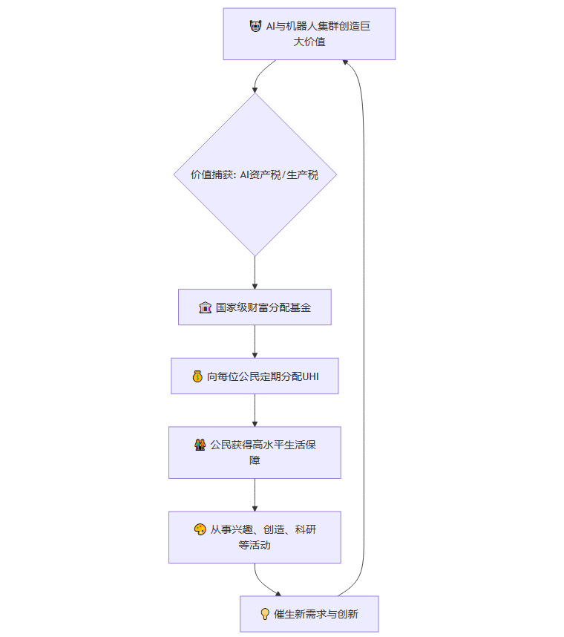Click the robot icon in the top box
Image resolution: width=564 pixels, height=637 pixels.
point(255,26)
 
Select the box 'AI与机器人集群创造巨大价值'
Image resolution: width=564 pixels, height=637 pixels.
point(309,34)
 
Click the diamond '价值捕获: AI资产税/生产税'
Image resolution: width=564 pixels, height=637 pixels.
point(255,174)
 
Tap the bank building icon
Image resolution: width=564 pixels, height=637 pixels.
point(206,307)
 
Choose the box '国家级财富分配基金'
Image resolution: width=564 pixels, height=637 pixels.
point(255,307)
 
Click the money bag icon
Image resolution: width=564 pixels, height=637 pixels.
point(197,376)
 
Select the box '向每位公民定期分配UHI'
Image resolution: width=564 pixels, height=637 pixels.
point(255,376)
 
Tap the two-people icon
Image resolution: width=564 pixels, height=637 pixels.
point(200,445)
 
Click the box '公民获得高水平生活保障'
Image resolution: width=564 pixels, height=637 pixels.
point(255,452)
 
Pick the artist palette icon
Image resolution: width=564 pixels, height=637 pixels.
point(200,529)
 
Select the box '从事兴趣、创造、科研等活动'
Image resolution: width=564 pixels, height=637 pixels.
point(255,537)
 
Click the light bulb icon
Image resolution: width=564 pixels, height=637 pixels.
point(264,614)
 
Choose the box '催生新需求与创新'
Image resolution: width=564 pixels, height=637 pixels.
point(309,614)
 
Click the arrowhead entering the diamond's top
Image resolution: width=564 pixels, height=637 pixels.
point(255,89)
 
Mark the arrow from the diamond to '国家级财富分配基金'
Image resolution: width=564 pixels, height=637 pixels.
point(255,272)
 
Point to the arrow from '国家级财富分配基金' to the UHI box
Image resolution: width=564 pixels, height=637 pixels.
point(255,342)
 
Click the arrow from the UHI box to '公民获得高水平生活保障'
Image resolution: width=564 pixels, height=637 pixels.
point(255,410)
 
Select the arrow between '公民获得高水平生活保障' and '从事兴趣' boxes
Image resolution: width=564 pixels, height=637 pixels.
point(255,494)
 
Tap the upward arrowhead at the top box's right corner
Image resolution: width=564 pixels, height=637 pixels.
point(346,63)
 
